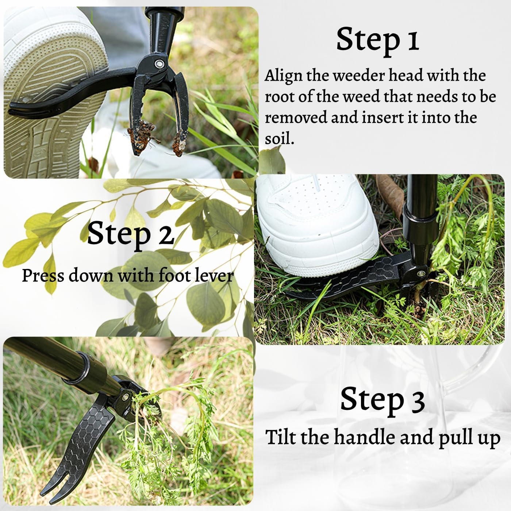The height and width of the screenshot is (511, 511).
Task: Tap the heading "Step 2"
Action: coord(130,234)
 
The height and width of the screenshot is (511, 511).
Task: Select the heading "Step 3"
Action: coord(382,399)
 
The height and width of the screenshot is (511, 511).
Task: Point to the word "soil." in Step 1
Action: coord(279,139)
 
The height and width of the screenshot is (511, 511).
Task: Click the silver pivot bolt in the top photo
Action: coord(159,64)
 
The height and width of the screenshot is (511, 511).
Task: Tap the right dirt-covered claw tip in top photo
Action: coord(179,144)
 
